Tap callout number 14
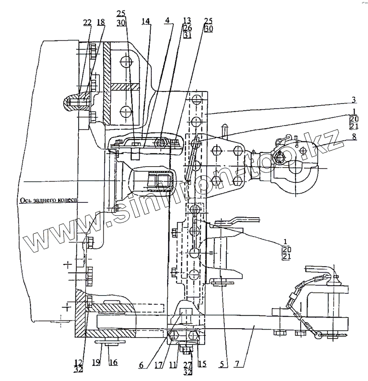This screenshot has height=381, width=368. pyautogui.click(x=145, y=22)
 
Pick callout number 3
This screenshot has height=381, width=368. pyautogui.click(x=354, y=100)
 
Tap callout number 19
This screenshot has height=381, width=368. pyautogui.click(x=96, y=363)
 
